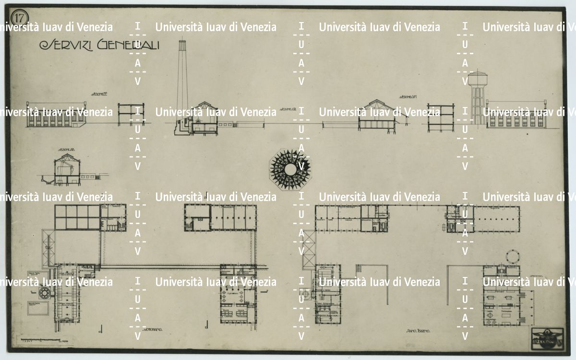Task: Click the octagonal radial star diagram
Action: [290, 168]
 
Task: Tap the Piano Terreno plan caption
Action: [418, 331]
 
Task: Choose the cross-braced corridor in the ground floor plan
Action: [309, 250]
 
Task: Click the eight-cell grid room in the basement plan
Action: [76, 217]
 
